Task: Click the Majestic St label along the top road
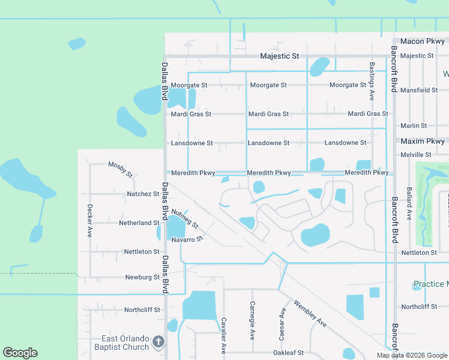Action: pyautogui.click(x=279, y=56)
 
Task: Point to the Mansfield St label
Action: pyautogui.click(x=419, y=90)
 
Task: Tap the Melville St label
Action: pyautogui.click(x=417, y=155)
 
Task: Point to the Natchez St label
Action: pyautogui.click(x=143, y=194)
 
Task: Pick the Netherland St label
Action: pyautogui.click(x=139, y=223)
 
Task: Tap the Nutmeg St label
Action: pyautogui.click(x=184, y=220)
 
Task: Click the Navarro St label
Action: pyautogui.click(x=188, y=239)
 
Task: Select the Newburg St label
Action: pyautogui.click(x=142, y=277)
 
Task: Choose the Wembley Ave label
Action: pyautogui.click(x=310, y=314)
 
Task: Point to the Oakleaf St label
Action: pyautogui.click(x=289, y=353)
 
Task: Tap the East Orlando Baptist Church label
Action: pyautogui.click(x=121, y=343)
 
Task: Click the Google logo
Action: pyautogui.click(x=20, y=353)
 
